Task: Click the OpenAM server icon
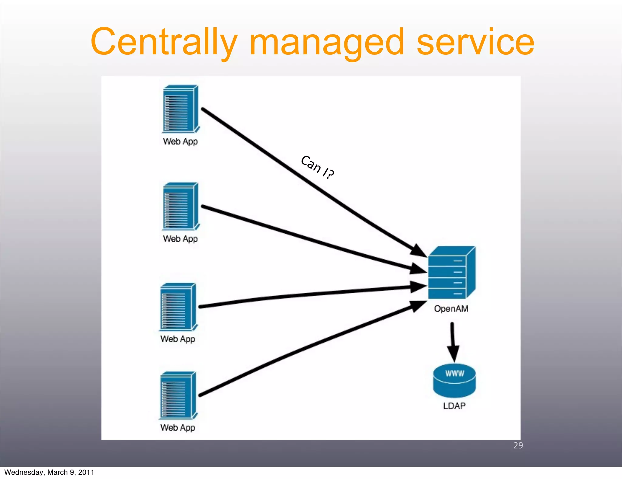pyautogui.click(x=451, y=273)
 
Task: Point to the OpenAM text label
pyautogui.click(x=451, y=309)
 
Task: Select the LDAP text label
pyautogui.click(x=454, y=406)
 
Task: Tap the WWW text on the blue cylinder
pyautogui.click(x=455, y=373)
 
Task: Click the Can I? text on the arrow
pyautogui.click(x=317, y=167)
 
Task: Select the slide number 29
pyautogui.click(x=518, y=445)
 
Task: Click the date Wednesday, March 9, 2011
pyautogui.click(x=49, y=472)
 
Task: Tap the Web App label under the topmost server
pyautogui.click(x=180, y=142)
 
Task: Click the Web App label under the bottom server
pyautogui.click(x=178, y=428)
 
